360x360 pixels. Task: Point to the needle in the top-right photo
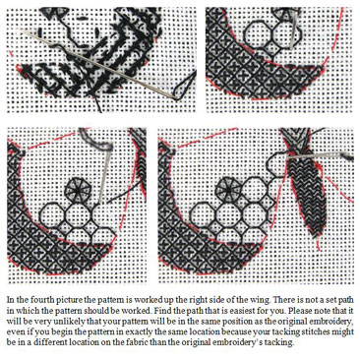[294, 31]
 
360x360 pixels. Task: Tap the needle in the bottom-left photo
[104, 174]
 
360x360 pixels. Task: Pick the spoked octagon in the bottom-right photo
[226, 188]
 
